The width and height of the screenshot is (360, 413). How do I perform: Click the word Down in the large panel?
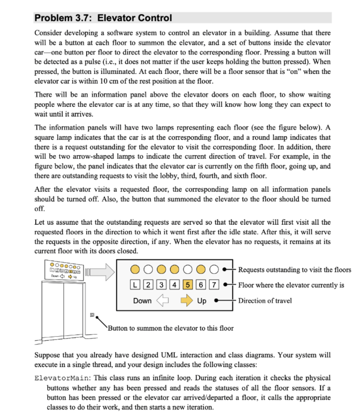click(143, 300)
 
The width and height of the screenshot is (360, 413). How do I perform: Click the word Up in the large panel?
click(202, 300)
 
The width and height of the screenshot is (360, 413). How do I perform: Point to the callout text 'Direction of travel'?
click(265, 300)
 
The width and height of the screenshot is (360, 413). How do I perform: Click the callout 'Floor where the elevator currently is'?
click(291, 285)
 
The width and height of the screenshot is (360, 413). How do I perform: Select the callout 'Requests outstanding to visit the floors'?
click(295, 270)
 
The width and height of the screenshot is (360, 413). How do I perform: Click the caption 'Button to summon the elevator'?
click(171, 328)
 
